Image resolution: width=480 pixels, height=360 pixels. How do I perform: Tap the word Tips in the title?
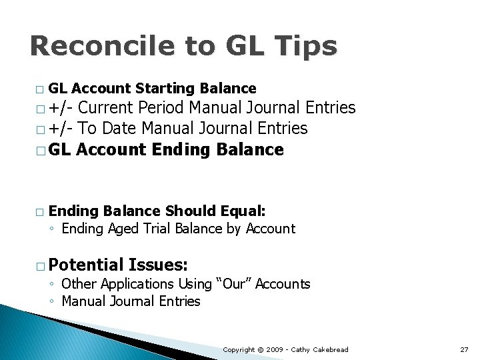click(307, 47)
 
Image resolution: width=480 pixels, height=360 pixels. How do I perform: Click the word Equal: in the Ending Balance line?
click(241, 211)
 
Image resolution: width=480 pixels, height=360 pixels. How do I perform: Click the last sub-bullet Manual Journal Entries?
click(131, 301)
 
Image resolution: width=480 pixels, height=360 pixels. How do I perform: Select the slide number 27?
click(464, 349)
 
